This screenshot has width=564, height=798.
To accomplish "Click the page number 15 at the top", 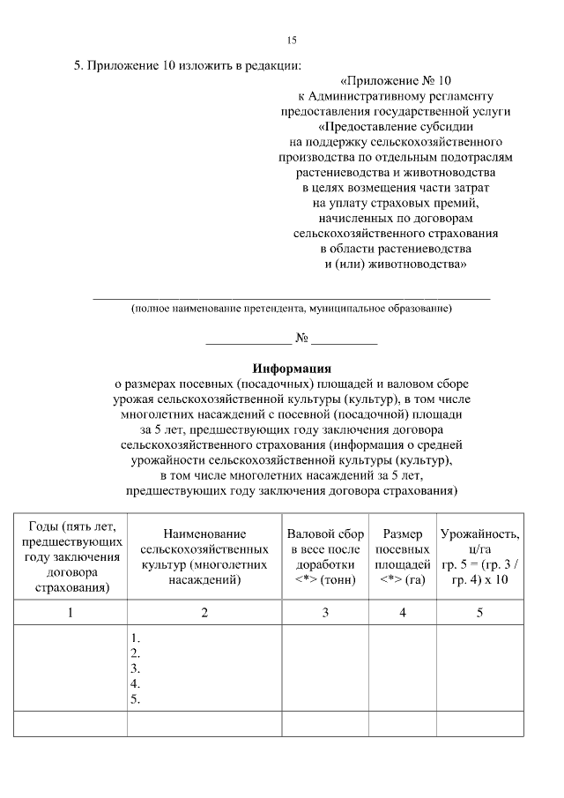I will coord(292,40).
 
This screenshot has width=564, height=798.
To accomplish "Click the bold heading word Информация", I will coord(292,369).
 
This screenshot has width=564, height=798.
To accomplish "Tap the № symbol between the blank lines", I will coord(301,337).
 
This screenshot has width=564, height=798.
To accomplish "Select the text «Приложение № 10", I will coord(395,79).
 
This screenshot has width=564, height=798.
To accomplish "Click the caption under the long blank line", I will coord(292,309).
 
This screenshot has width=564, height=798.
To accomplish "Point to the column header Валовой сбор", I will coord(325,534).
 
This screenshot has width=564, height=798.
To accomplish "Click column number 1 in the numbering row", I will coord(70,613).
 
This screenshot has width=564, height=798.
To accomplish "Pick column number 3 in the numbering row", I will coord(325,613).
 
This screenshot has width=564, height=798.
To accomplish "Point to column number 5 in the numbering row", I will coord(479,613).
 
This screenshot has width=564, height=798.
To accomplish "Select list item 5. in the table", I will coord(136,700).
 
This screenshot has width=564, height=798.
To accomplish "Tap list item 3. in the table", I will coord(136,669).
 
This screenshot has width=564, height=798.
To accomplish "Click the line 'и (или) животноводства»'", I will coord(395,264).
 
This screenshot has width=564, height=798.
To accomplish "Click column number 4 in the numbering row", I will coord(403,613).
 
